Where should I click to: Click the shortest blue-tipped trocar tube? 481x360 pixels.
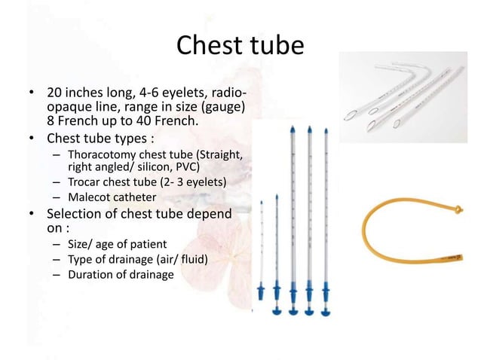pos(262,249)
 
